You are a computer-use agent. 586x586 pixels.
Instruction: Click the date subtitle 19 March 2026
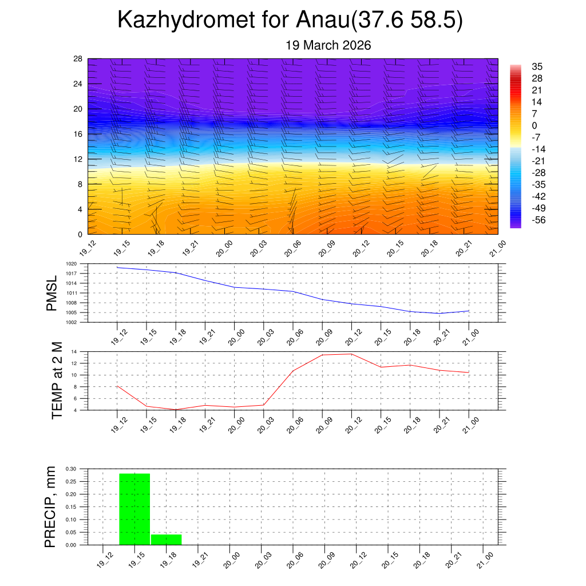(328, 45)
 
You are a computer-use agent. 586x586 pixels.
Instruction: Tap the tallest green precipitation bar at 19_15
(134, 509)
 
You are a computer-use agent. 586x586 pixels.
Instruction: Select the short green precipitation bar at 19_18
(166, 539)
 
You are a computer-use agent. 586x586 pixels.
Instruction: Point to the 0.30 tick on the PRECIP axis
(71, 469)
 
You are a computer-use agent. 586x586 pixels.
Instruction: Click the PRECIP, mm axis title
(51, 506)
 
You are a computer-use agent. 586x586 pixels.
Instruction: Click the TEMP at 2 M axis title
(57, 381)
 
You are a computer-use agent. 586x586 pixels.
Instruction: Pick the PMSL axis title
(52, 293)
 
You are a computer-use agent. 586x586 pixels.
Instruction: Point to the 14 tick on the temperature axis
(74, 351)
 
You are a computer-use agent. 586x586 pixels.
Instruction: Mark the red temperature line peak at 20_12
(351, 354)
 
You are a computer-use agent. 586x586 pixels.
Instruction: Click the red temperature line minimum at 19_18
(176, 409)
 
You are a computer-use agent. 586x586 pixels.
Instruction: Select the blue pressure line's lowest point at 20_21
(439, 313)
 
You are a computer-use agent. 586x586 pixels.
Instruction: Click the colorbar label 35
(537, 66)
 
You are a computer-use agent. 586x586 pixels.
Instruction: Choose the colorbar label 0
(534, 126)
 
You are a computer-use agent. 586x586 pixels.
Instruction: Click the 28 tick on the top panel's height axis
(78, 59)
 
